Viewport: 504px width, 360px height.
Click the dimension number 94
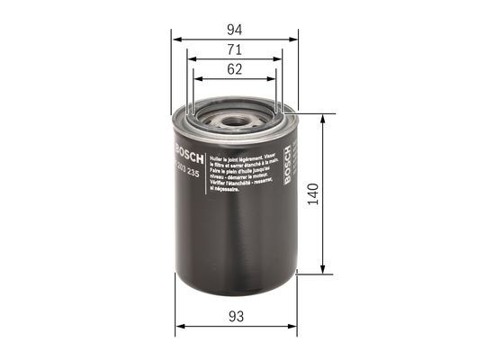235,28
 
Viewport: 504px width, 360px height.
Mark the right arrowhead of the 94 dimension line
294,40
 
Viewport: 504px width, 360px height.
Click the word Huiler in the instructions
217,157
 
